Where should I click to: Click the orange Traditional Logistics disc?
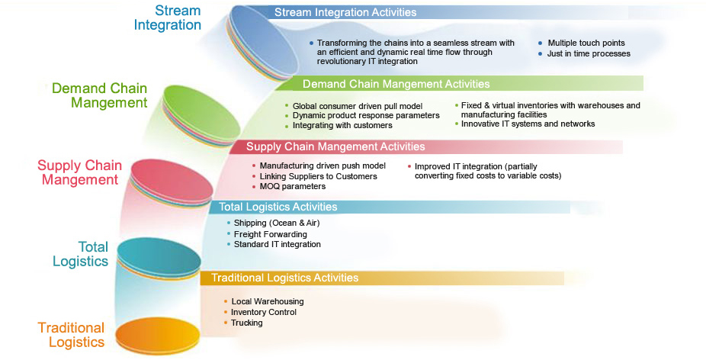158,336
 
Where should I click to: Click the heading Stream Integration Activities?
345,12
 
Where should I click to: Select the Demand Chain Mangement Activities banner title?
396,84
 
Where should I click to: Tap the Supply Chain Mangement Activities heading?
335,146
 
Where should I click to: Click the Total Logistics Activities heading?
278,207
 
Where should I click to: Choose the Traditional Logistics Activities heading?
285,278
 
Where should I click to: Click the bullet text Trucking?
247,323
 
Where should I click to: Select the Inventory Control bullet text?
263,312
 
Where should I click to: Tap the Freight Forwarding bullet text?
270,234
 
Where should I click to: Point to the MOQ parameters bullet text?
292,187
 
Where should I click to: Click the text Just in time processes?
589,53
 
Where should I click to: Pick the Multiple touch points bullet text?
586,43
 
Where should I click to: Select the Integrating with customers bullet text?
342,126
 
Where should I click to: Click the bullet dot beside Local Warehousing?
226,301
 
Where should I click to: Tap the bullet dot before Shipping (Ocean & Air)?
229,223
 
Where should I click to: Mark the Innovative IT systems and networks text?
528,124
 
